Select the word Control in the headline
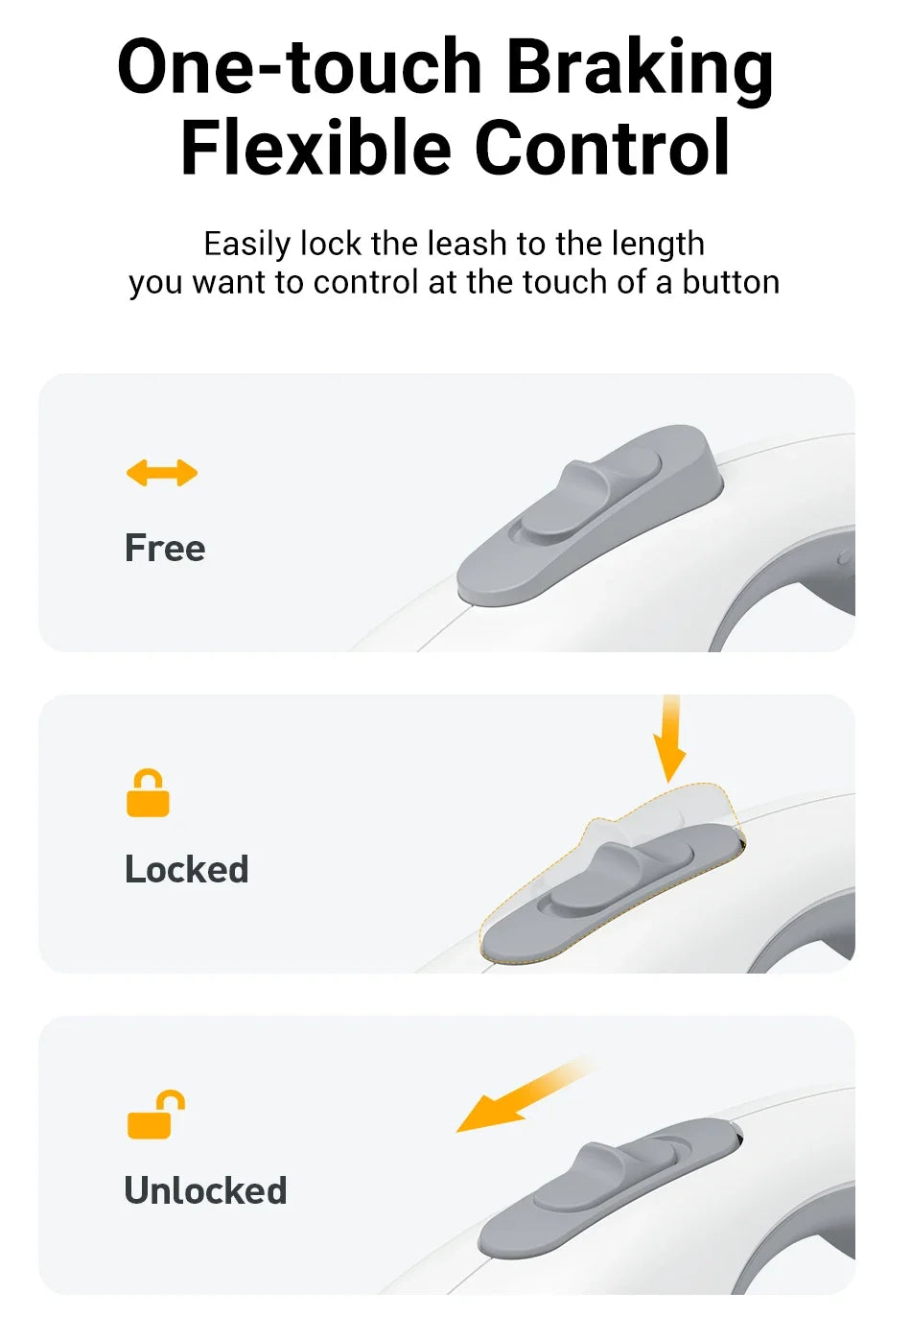click(x=602, y=147)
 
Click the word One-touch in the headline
click(x=299, y=66)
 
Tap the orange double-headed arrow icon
click(x=161, y=473)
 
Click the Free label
click(x=165, y=548)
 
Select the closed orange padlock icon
click(x=148, y=793)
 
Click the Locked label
click(x=186, y=869)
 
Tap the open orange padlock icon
click(x=155, y=1115)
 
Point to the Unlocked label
click(x=205, y=1189)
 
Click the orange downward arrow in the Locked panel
click(x=670, y=739)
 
